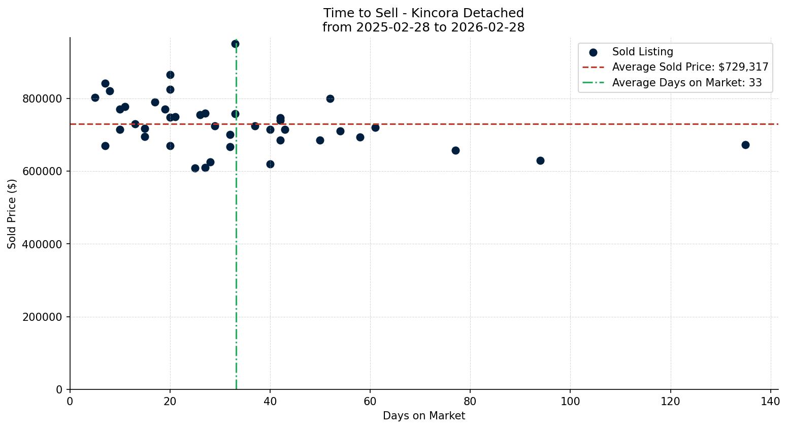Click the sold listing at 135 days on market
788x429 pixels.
click(745, 145)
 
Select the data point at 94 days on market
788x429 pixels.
click(540, 160)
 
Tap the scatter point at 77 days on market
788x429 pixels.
click(455, 150)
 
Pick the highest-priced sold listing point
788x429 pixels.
click(235, 44)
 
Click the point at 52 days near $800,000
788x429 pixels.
click(330, 98)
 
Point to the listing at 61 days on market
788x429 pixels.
click(375, 127)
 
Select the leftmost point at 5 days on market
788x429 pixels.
click(95, 97)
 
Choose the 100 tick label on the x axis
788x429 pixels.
click(570, 401)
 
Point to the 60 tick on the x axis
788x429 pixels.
click(370, 401)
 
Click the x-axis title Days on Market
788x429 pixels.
click(423, 416)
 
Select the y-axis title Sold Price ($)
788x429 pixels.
click(12, 214)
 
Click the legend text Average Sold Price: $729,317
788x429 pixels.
click(690, 67)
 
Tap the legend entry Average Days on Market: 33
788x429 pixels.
click(686, 83)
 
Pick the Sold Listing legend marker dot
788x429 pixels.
click(593, 52)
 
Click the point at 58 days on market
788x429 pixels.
click(360, 137)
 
